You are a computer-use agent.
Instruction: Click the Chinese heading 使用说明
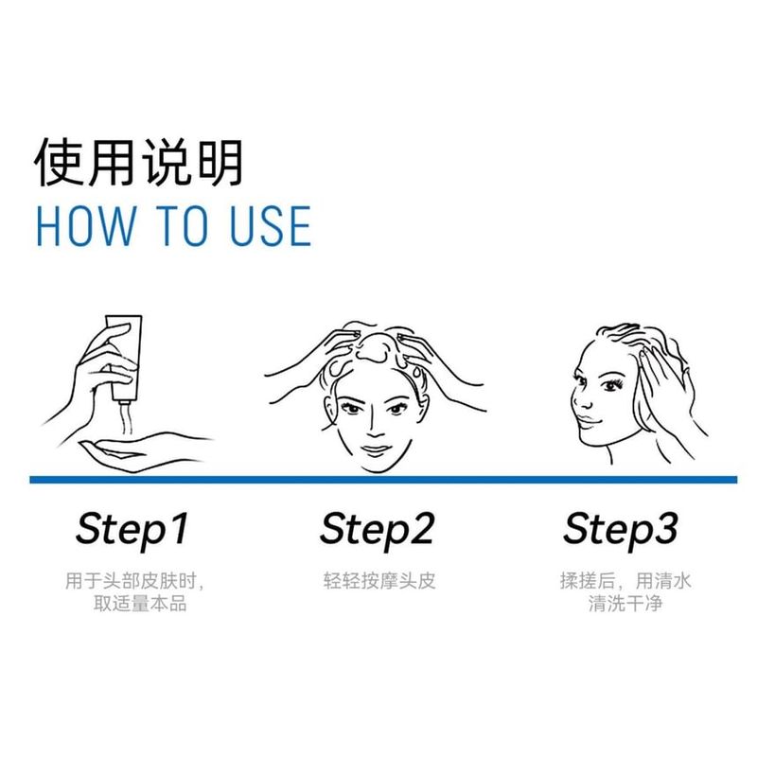point(139,163)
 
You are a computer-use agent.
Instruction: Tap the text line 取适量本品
point(132,603)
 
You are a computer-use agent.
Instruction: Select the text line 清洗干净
point(625,603)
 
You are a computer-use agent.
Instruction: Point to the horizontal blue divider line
point(378,480)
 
